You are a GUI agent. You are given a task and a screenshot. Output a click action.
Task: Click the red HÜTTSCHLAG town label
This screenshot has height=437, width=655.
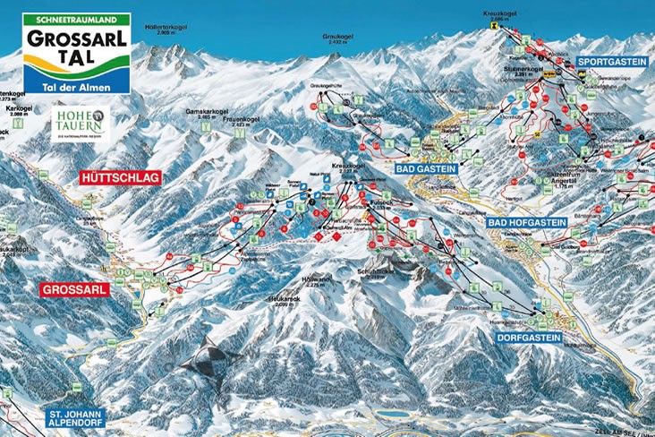[x=119, y=178]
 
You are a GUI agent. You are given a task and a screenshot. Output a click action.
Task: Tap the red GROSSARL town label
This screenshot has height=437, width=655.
[x=75, y=289]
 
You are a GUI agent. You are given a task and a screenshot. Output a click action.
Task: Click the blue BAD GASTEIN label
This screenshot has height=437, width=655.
[x=425, y=167]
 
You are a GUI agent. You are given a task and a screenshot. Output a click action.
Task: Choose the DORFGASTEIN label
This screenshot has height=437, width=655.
[x=529, y=338]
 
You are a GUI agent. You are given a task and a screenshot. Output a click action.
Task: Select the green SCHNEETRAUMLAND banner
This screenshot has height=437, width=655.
[x=77, y=19]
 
